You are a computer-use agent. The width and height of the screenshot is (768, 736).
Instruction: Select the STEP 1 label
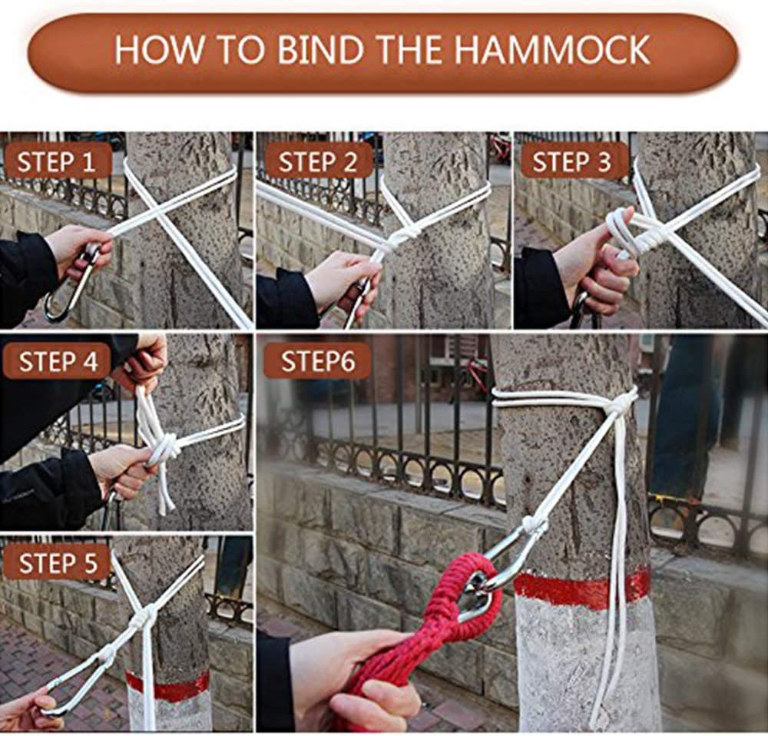point(56,161)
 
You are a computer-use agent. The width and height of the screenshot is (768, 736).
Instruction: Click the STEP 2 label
point(318,161)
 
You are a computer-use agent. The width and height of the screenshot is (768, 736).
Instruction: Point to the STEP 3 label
point(572,161)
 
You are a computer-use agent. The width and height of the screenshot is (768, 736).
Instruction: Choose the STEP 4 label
point(58,362)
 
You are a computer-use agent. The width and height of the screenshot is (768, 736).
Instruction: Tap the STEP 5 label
point(58,563)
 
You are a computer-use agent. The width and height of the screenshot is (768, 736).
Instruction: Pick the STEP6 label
point(318,362)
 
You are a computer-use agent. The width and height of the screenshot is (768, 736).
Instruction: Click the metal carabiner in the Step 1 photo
point(74,284)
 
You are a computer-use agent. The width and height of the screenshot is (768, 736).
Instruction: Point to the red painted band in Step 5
point(167,685)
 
